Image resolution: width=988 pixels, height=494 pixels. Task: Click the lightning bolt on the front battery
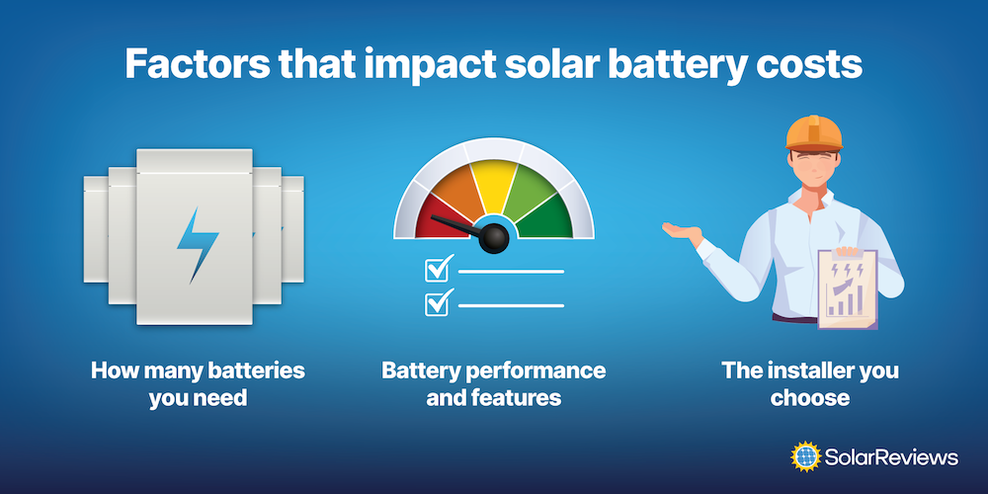[197, 244]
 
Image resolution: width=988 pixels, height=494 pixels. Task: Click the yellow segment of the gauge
[494, 182]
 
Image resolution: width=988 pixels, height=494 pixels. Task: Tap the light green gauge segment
[531, 188]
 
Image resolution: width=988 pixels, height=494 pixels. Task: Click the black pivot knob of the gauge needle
[494, 238]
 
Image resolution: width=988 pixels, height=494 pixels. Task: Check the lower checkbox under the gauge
[438, 303]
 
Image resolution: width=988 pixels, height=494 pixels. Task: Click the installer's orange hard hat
[814, 133]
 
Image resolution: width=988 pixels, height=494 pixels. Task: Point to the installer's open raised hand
[683, 232]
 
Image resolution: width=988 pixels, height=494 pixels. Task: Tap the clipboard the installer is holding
[847, 288]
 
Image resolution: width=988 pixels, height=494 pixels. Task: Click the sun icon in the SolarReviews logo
[806, 456]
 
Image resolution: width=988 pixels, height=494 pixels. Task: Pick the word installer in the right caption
[811, 370]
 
